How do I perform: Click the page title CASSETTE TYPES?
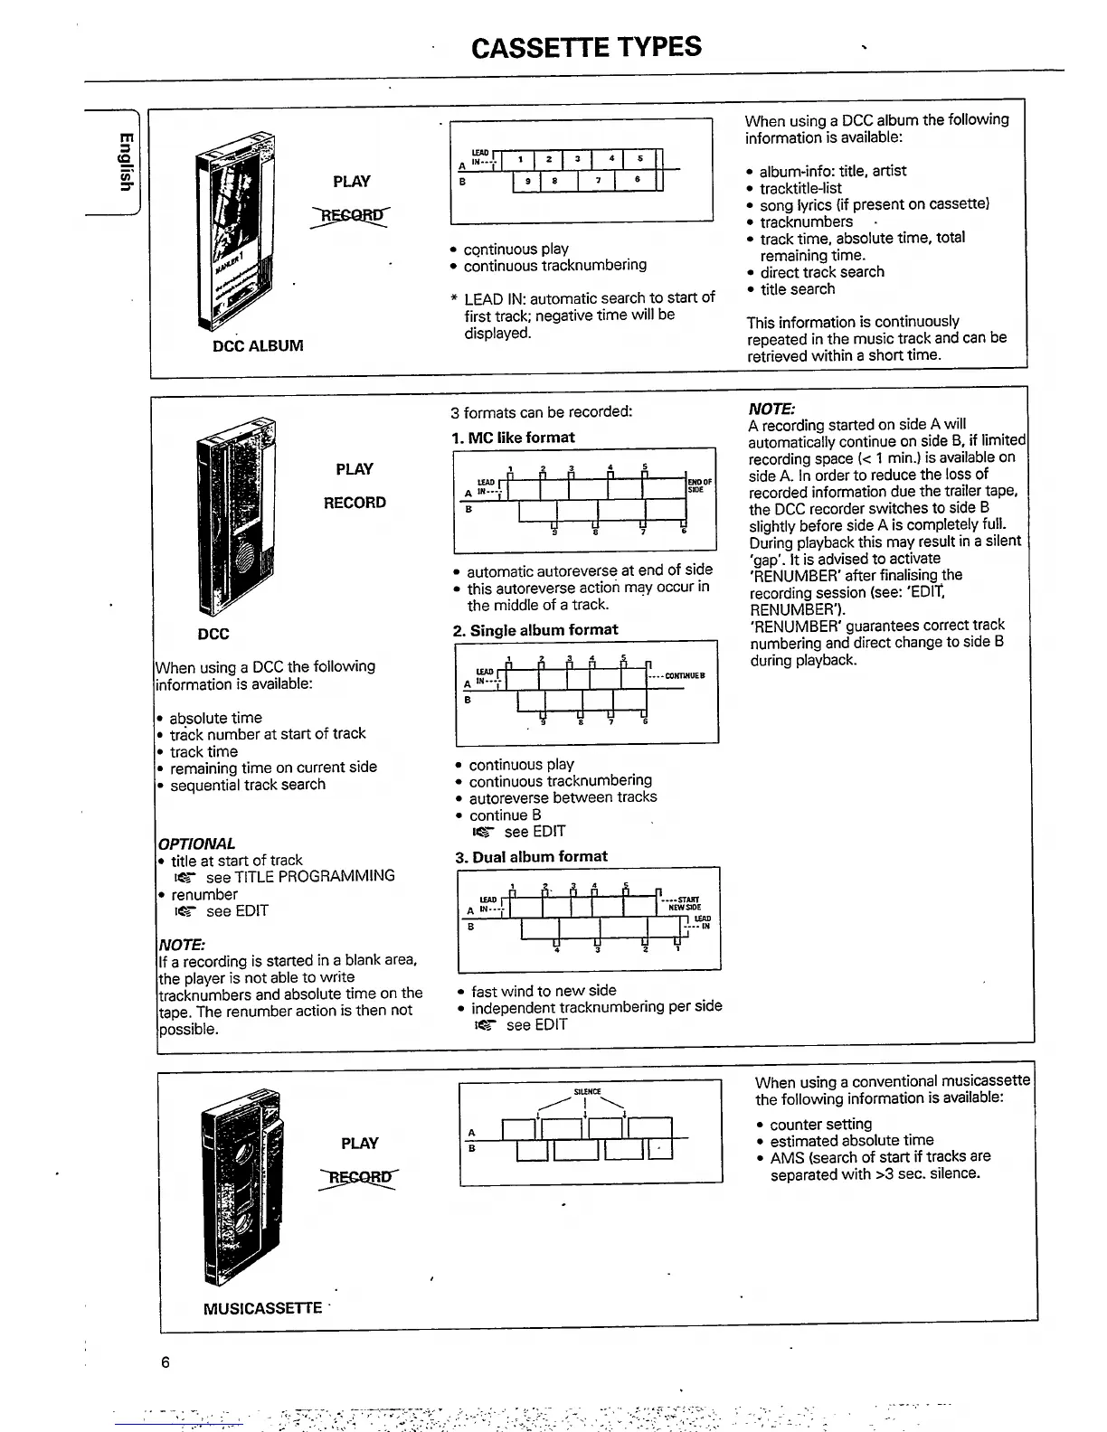pos(586,47)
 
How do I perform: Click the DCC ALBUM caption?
pos(258,345)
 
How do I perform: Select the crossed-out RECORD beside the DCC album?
pos(350,215)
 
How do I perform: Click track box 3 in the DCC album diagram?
pos(577,159)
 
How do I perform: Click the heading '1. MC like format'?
pos(513,438)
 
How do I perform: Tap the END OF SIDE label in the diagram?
pos(700,485)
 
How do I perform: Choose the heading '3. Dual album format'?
pos(531,856)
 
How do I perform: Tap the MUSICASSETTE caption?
pos(262,1308)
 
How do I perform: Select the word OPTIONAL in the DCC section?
pos(196,843)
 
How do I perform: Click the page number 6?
pos(166,1362)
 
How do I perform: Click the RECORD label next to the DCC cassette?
pos(355,503)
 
